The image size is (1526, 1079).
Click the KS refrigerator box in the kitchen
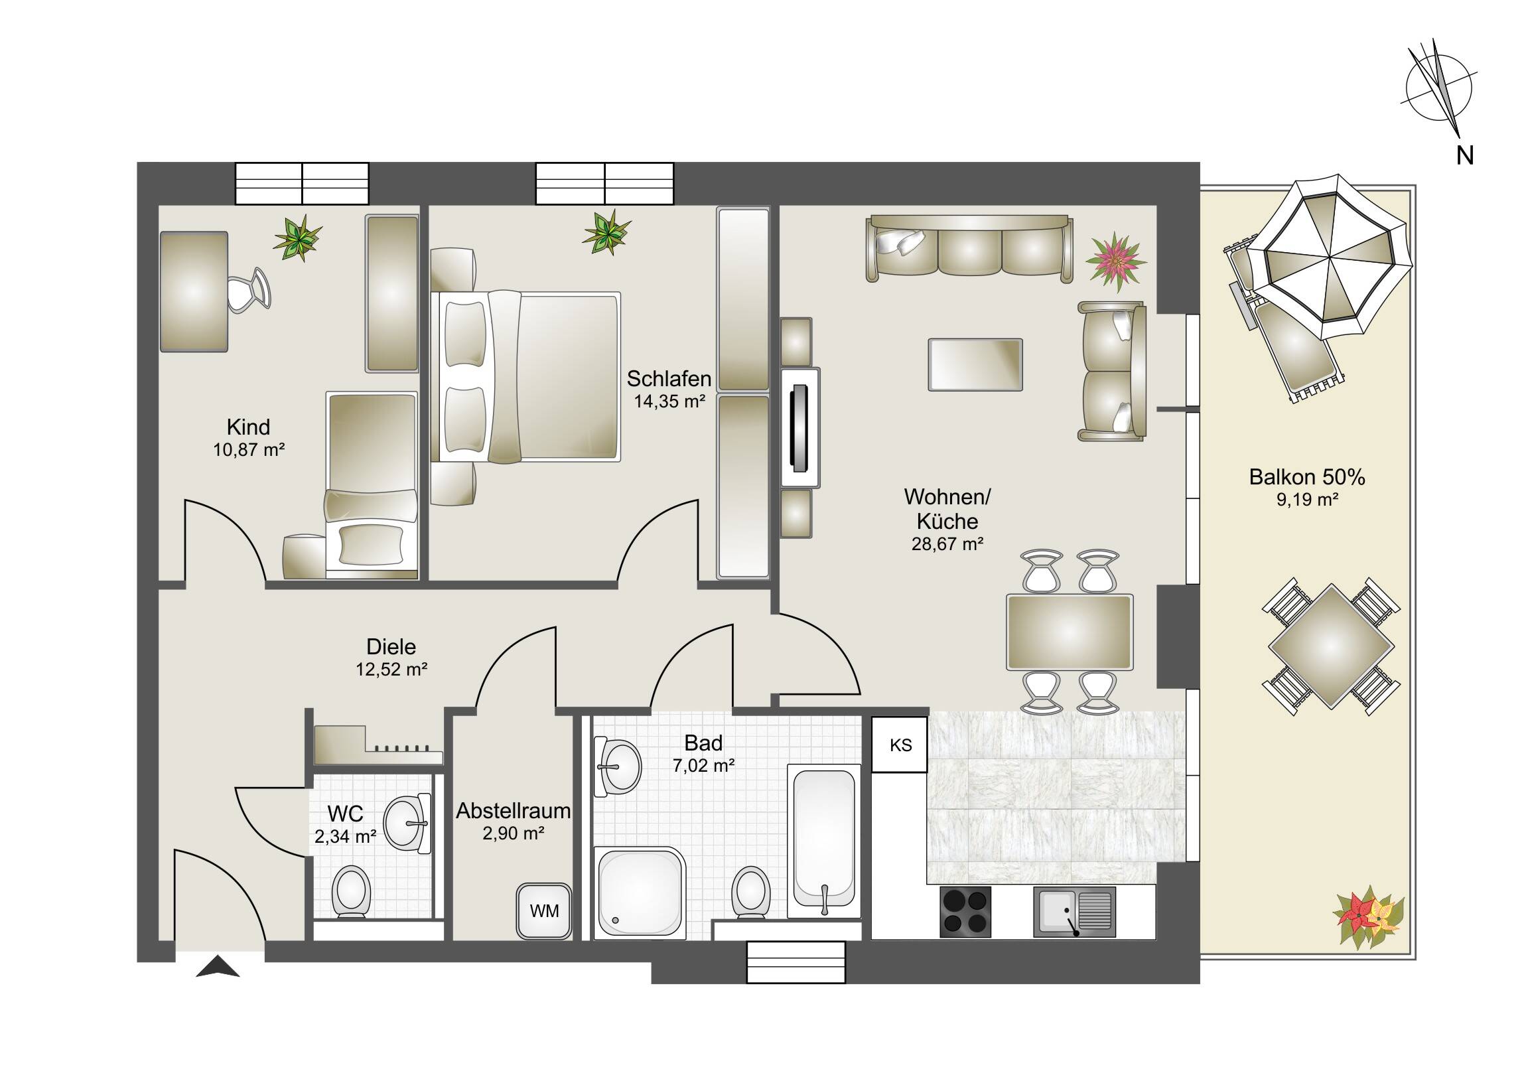coord(899,744)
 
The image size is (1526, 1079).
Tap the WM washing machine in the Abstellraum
coord(543,911)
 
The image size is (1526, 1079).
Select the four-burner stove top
coord(966,912)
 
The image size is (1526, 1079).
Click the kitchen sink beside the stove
coord(1074,912)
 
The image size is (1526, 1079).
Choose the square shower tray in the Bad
coord(640,892)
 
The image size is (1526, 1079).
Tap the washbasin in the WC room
coord(407,824)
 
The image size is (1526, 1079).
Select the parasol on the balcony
coord(1328,257)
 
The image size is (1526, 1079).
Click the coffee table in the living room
coord(975,364)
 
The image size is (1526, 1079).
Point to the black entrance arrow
coord(218,968)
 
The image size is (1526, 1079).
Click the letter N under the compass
coord(1464,155)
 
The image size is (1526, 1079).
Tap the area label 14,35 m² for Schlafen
coord(669,401)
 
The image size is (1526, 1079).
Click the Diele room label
coord(391,646)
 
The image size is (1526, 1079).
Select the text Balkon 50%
coord(1306,476)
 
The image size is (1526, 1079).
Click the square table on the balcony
coord(1330,646)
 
